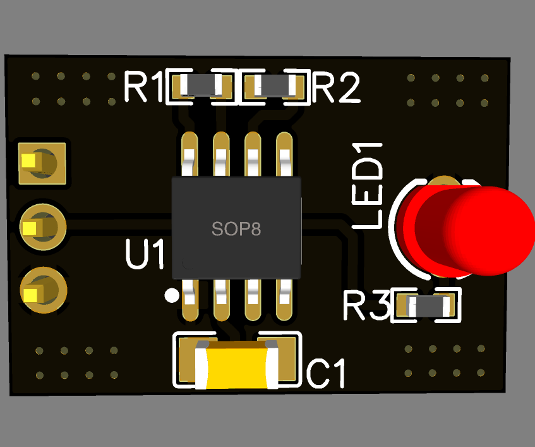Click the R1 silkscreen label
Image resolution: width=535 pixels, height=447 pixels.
tap(143, 87)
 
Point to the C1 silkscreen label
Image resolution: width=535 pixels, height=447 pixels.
tap(327, 373)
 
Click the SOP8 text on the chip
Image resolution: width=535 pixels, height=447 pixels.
tap(236, 229)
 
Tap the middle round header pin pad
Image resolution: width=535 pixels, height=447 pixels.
tap(42, 226)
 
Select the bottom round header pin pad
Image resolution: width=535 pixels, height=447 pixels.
tap(42, 291)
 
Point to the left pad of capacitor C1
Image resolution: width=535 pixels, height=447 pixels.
tap(188, 360)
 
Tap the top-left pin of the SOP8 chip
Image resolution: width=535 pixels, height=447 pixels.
tap(189, 155)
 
